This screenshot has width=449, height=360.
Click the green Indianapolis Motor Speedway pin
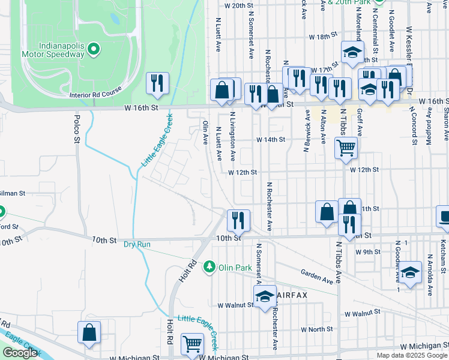(93, 48)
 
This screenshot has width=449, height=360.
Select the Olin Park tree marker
(209, 265)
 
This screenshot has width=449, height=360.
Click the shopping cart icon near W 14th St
(346, 147)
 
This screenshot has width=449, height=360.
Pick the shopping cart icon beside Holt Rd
(192, 344)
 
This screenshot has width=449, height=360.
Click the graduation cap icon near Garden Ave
(410, 273)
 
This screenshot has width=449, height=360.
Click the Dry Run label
(136, 245)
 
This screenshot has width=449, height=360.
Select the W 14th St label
(270, 139)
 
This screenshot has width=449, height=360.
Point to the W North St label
(316, 329)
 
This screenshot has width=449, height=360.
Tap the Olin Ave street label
(205, 131)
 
